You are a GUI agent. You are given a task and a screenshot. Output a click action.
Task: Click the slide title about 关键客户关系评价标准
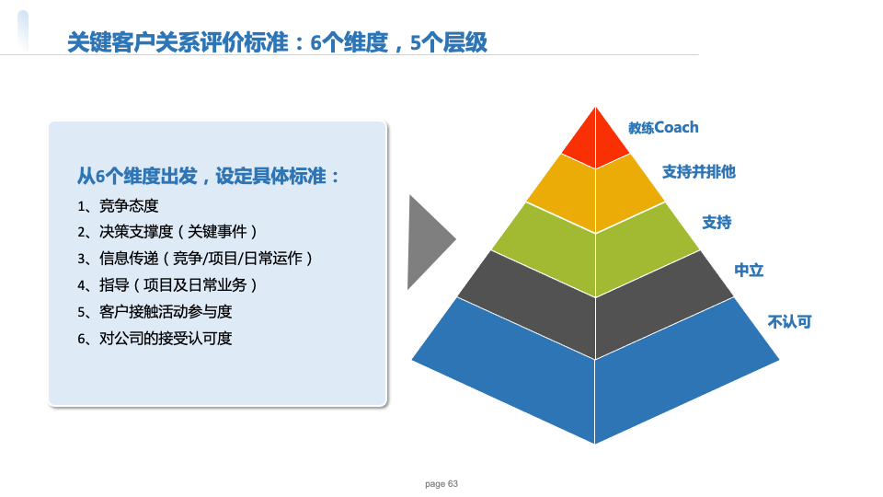click(x=277, y=42)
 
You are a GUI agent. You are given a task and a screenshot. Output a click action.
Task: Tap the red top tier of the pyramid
click(x=595, y=141)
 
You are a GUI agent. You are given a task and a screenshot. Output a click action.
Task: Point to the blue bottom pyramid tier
click(x=595, y=383)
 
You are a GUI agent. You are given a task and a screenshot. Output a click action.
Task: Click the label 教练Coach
click(x=663, y=128)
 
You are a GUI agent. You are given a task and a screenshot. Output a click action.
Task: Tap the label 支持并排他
click(x=699, y=171)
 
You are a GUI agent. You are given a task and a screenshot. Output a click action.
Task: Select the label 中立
click(x=749, y=271)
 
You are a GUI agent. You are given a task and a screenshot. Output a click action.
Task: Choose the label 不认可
click(x=789, y=322)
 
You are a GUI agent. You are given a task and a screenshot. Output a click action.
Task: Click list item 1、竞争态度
click(x=118, y=206)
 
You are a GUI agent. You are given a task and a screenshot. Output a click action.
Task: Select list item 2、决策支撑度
click(x=167, y=232)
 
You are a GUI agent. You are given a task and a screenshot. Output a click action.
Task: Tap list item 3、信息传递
click(x=195, y=258)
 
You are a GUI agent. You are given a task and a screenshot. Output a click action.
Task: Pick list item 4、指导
click(x=167, y=285)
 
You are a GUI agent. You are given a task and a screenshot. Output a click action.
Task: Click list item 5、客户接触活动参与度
click(x=155, y=312)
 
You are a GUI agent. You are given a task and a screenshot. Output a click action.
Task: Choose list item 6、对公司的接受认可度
click(x=155, y=338)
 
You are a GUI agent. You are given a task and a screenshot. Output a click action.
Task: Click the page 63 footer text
click(x=441, y=483)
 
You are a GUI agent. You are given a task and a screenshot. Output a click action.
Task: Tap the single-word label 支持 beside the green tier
click(x=717, y=222)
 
